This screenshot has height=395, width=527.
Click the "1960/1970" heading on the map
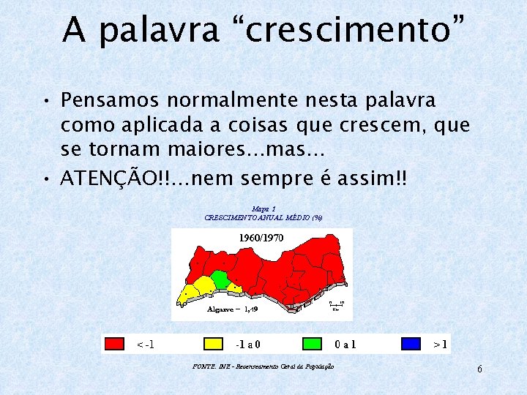261,238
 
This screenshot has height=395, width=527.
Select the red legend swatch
115,343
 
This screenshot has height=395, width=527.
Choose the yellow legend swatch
213,343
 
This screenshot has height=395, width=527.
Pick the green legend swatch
313,343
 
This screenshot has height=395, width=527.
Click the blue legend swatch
411,343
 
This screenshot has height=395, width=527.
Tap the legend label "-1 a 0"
249,343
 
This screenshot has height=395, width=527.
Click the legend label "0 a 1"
345,343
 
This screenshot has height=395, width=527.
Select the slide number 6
479,369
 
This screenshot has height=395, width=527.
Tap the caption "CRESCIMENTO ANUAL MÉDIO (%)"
263,218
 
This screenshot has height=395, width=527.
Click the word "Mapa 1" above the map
263,209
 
